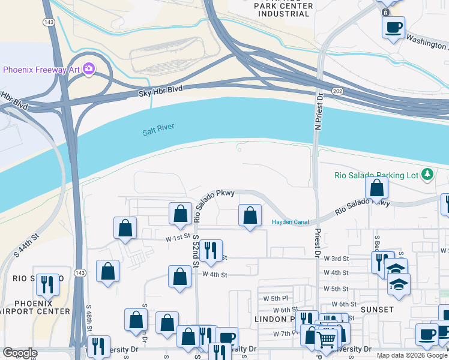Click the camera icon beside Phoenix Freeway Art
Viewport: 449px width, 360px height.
click(89, 70)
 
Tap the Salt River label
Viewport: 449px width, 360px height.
click(158, 132)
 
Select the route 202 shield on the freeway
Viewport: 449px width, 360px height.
click(337, 91)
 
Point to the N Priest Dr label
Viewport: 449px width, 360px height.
click(319, 111)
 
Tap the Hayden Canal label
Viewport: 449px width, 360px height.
click(291, 222)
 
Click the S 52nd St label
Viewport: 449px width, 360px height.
click(196, 251)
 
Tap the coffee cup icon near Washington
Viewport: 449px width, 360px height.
click(393, 27)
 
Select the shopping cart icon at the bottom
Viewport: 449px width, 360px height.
click(327, 339)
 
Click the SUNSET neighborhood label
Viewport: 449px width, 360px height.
click(378, 310)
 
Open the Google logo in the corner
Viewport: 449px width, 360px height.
click(20, 353)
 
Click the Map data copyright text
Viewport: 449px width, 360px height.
click(412, 355)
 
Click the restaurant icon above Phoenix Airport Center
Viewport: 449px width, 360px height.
click(47, 284)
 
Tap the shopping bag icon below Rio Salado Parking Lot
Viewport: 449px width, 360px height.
click(376, 188)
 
